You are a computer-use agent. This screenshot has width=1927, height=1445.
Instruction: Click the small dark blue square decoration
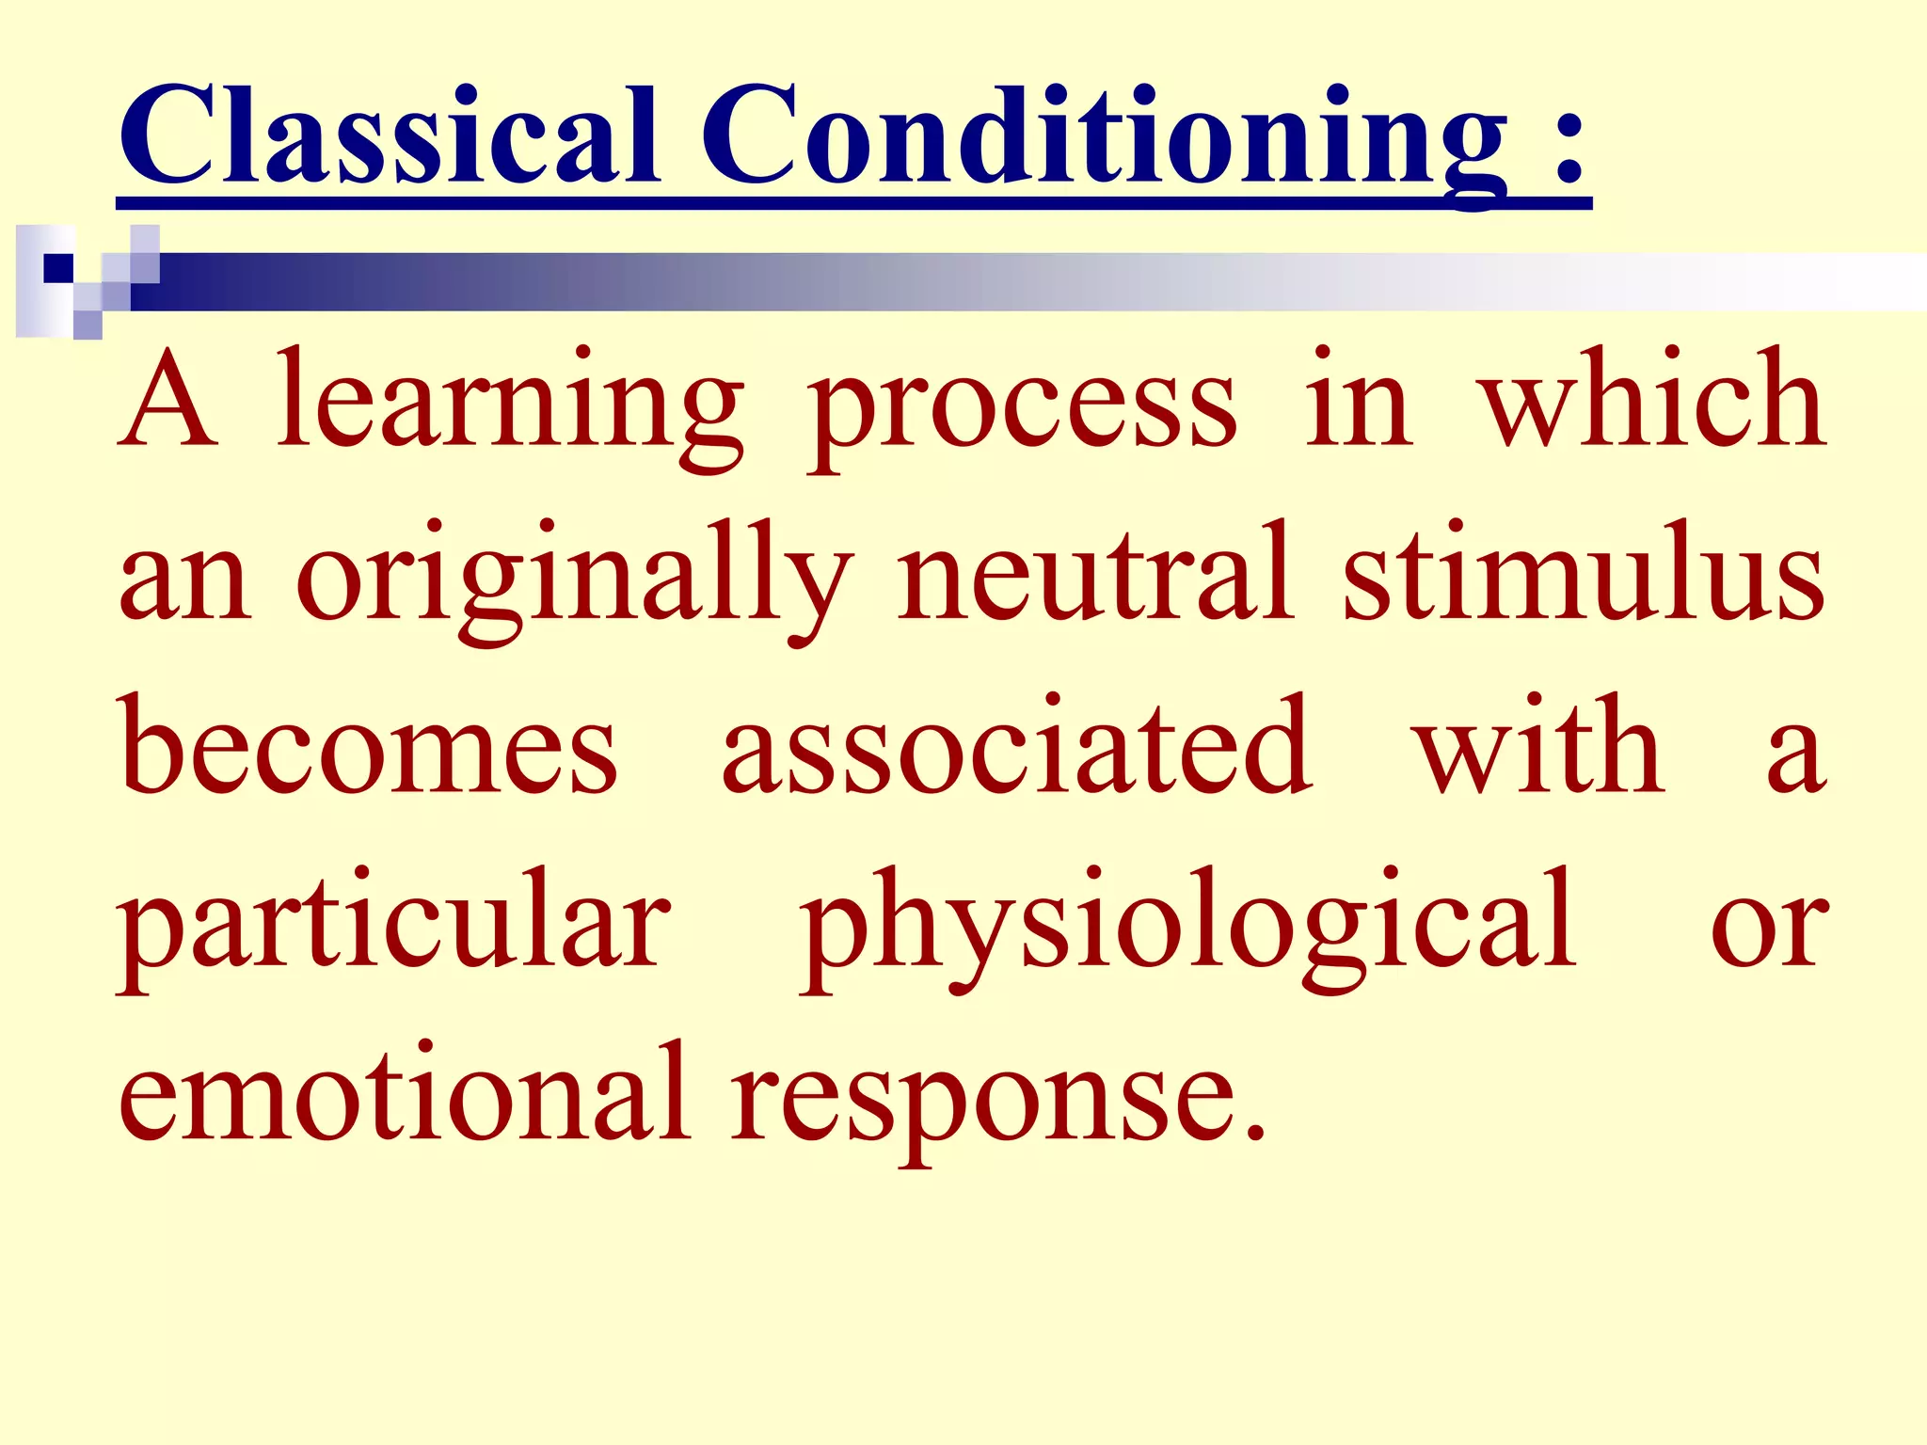click(x=58, y=268)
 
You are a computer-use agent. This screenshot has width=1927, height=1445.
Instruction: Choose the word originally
click(x=574, y=578)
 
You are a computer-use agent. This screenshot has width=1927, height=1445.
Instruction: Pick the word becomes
click(x=368, y=747)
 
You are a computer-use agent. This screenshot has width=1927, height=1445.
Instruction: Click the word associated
click(x=1016, y=747)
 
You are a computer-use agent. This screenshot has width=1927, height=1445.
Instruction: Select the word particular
click(x=394, y=927)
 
